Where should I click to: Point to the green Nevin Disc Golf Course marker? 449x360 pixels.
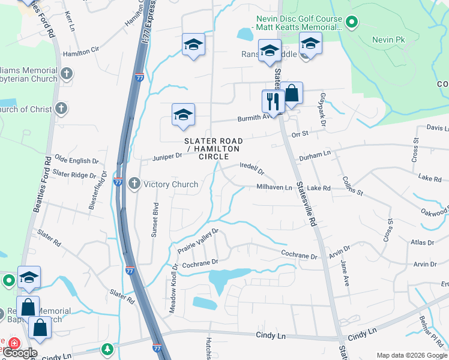352,23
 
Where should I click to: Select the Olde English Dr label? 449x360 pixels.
76,161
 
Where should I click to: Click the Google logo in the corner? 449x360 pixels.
20,353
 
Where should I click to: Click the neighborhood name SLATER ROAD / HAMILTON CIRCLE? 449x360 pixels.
212,148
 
